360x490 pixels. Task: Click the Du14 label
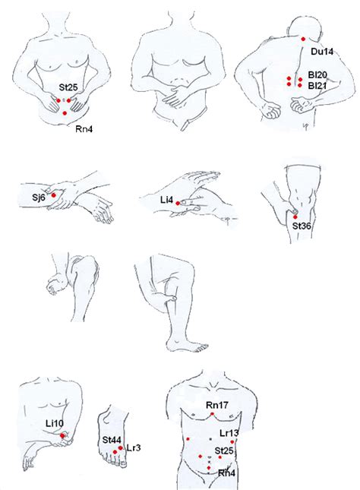[322, 52]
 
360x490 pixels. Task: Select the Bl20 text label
[317, 75]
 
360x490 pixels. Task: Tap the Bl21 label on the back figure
[317, 86]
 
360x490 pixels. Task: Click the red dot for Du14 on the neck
[303, 39]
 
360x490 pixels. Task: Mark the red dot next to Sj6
[53, 195]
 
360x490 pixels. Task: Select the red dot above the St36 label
[295, 217]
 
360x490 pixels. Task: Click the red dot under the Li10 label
[63, 436]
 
